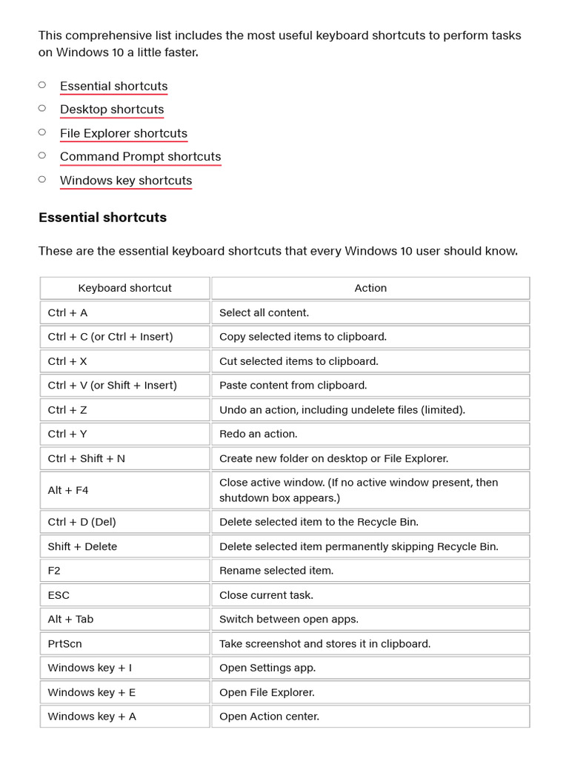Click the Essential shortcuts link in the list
113,86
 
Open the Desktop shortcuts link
112,110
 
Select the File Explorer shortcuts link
123,133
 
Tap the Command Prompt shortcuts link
140,157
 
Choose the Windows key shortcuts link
125,181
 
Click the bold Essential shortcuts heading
102,218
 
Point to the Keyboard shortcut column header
124,288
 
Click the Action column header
370,288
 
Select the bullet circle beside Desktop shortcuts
42,109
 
